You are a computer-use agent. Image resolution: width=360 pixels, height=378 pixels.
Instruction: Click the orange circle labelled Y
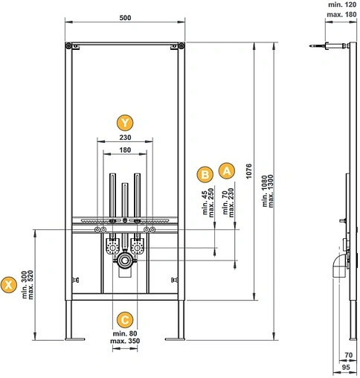(x=125, y=123)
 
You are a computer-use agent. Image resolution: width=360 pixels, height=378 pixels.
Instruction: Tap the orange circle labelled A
(x=227, y=171)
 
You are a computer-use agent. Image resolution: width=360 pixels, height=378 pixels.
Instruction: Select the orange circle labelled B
(x=205, y=175)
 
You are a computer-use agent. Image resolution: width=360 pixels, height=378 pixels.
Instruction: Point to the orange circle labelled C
(x=125, y=320)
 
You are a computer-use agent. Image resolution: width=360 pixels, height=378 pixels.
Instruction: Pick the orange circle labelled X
(x=9, y=285)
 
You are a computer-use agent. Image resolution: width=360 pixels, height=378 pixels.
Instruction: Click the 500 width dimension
(x=125, y=18)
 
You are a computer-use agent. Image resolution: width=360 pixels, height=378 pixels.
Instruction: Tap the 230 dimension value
(x=125, y=138)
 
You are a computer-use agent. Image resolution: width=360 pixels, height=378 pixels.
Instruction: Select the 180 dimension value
(x=125, y=150)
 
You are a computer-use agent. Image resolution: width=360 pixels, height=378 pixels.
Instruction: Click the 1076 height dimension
(x=248, y=171)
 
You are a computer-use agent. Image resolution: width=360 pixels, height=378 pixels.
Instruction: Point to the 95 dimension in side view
(x=346, y=367)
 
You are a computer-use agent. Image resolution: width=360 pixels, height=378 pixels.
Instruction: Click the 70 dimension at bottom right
(x=349, y=355)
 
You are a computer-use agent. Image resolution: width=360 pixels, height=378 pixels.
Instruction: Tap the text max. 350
(x=125, y=341)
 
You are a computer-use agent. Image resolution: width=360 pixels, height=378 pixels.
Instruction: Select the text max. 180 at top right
(x=341, y=15)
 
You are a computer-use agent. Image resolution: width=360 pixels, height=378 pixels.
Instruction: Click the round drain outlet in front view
(x=125, y=260)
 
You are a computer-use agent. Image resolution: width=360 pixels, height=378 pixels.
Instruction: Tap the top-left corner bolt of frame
(x=68, y=46)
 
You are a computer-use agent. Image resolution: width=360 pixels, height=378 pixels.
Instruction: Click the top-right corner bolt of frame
(x=181, y=46)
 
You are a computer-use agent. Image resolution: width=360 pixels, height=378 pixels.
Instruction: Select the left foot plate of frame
(x=75, y=339)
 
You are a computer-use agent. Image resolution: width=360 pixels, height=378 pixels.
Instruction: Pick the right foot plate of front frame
(x=175, y=339)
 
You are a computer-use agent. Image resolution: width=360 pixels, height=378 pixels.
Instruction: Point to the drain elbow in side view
(x=338, y=266)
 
